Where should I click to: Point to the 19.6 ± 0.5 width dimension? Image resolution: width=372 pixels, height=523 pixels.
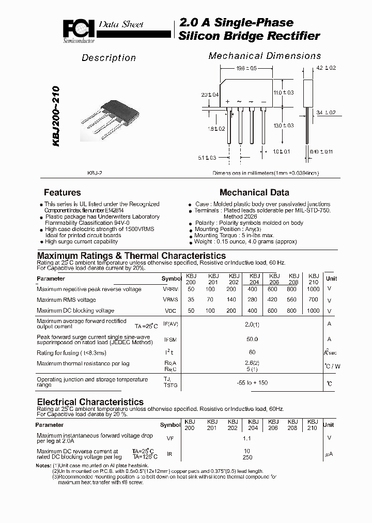point(247,68)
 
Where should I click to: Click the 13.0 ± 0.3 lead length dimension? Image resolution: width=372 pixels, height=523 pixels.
point(283,126)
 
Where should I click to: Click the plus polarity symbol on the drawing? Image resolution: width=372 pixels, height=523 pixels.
point(227,102)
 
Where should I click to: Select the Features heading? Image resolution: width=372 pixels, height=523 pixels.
point(62,192)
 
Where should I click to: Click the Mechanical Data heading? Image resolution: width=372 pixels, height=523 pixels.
point(254,192)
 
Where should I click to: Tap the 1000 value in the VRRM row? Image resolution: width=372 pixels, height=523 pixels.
point(313,289)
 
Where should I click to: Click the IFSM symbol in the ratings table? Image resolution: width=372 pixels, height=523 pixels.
point(170,340)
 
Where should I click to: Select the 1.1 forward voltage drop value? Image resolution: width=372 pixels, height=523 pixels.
point(246,438)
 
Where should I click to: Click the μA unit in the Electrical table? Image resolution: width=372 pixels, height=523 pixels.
point(328,454)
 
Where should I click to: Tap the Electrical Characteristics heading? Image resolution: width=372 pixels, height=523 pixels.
point(90,402)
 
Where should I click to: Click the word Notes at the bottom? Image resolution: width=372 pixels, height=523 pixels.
point(43,466)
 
